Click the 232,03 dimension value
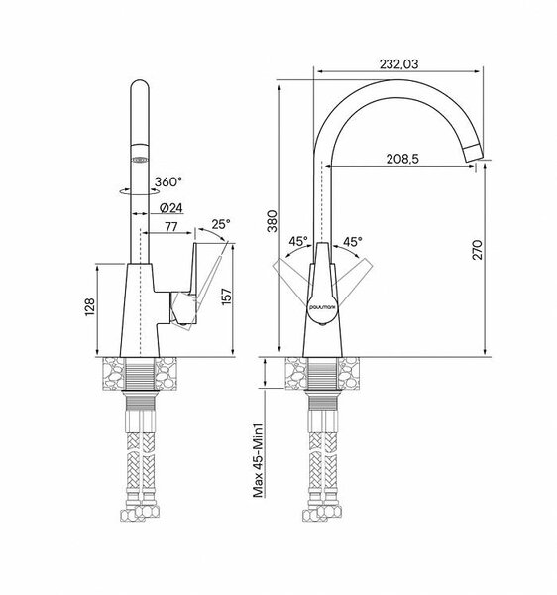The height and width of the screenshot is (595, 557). (398, 64)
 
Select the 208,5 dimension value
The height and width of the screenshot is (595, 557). (402, 159)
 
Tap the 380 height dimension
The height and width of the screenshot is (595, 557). (273, 220)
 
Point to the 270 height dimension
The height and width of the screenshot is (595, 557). (477, 249)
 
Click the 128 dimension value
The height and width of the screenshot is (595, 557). (90, 307)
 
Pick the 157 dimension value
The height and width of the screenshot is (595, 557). (226, 296)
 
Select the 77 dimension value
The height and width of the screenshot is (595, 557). (171, 226)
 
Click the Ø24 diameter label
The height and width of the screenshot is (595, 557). (171, 208)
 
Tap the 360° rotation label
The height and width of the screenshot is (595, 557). (167, 182)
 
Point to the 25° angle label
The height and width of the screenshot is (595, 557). (221, 224)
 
